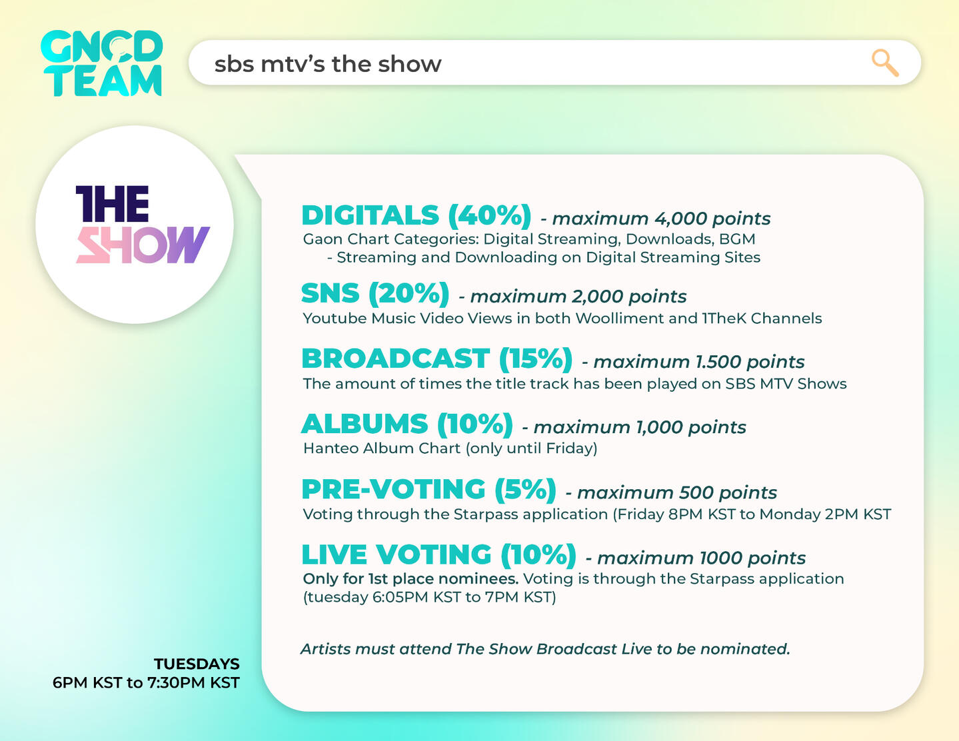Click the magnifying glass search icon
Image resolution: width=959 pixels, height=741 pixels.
885,63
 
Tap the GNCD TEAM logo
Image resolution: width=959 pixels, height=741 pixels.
101,63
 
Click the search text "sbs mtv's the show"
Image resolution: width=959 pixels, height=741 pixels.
327,64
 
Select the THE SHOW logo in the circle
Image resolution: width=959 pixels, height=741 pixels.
142,224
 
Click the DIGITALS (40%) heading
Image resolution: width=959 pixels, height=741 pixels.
416,216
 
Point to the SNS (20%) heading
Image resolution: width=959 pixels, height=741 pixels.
375,294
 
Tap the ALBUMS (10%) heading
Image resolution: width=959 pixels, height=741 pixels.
407,424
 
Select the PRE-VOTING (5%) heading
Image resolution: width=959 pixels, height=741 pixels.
429,489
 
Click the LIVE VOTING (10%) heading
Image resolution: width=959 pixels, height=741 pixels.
439,554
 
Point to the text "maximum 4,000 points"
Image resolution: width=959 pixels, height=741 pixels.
661,219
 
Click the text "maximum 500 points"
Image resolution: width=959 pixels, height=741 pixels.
676,492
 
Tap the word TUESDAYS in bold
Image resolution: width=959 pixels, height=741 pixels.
197,664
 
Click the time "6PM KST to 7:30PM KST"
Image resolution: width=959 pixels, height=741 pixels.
146,683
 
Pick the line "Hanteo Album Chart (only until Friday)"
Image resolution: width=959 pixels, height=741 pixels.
450,448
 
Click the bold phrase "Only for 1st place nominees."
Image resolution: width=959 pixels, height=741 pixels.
411,578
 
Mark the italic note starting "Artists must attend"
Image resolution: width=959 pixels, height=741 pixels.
545,649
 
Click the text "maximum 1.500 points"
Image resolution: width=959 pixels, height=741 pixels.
698,362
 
